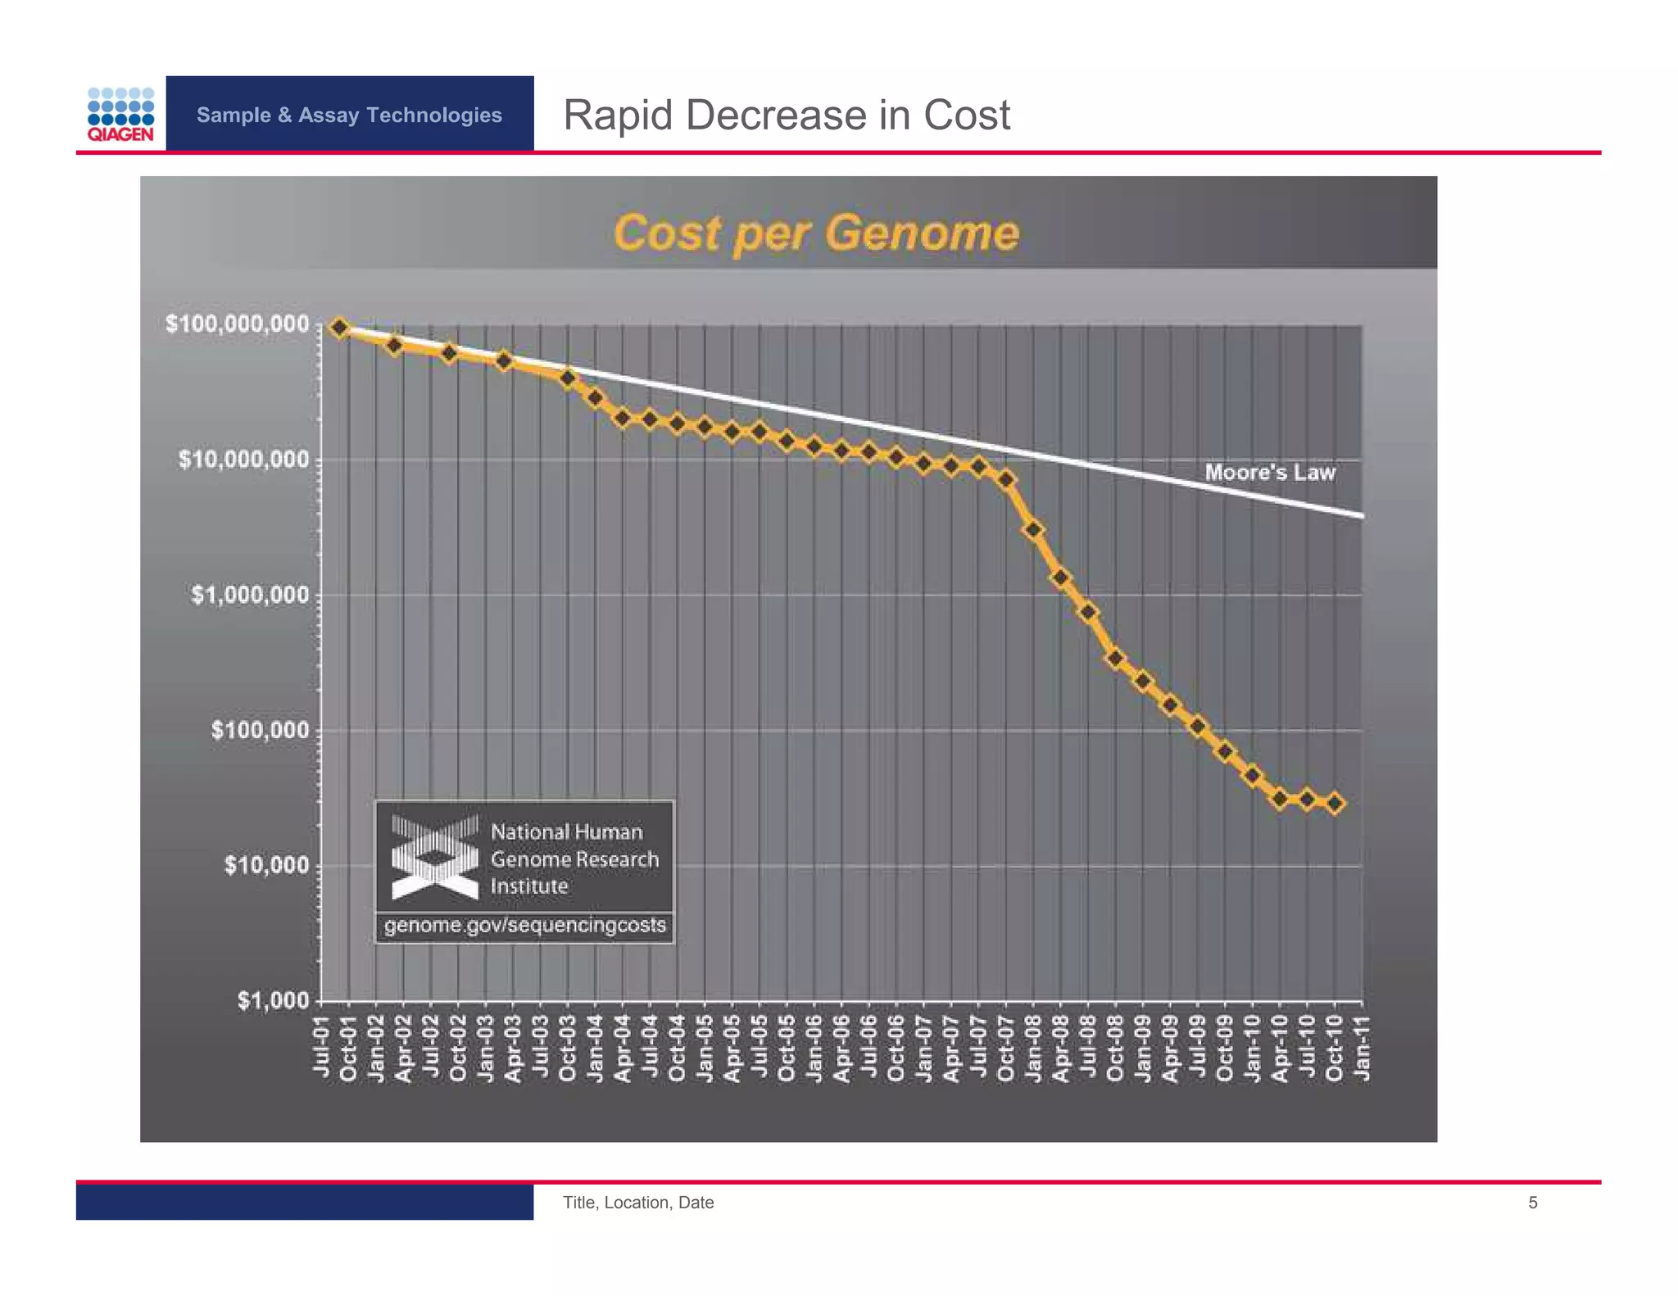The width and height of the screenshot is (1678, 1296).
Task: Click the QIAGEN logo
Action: pyautogui.click(x=120, y=115)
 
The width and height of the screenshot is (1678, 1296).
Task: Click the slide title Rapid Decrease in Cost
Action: pyautogui.click(x=786, y=115)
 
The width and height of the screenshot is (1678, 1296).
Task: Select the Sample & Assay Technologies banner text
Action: pyautogui.click(x=349, y=115)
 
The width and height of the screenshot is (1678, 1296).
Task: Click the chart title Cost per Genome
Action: pyautogui.click(x=816, y=233)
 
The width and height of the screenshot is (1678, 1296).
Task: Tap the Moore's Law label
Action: pyautogui.click(x=1269, y=473)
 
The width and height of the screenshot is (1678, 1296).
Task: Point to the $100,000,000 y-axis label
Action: pyautogui.click(x=237, y=324)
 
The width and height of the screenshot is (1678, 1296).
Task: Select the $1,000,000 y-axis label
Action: pyautogui.click(x=250, y=595)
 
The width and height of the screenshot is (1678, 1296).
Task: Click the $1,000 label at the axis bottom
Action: pyautogui.click(x=273, y=1000)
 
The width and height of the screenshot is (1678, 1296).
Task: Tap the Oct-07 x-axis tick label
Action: pyautogui.click(x=1006, y=1048)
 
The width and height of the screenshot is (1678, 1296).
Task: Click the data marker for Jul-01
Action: pyautogui.click(x=340, y=328)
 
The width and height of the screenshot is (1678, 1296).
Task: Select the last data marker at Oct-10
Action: pyautogui.click(x=1335, y=804)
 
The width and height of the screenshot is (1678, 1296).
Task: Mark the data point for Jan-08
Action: pyautogui.click(x=1034, y=530)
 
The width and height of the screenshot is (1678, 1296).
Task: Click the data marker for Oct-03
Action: pyautogui.click(x=568, y=378)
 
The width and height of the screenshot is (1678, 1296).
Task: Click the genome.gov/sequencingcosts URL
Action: pyautogui.click(x=524, y=926)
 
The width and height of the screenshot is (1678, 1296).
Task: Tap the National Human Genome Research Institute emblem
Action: pyautogui.click(x=434, y=857)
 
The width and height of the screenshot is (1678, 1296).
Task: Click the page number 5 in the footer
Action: pyautogui.click(x=1532, y=1203)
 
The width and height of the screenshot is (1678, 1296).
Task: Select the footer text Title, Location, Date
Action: pyautogui.click(x=637, y=1203)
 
